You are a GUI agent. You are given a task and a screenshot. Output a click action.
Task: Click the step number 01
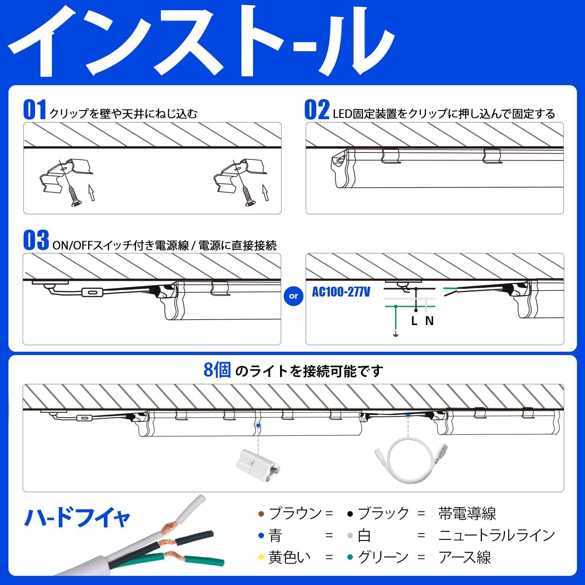(x=35, y=110)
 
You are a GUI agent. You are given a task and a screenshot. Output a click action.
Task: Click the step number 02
(x=317, y=110)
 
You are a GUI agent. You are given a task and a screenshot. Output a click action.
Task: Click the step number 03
(x=36, y=241)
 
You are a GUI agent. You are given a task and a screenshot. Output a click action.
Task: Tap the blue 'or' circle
(x=293, y=296)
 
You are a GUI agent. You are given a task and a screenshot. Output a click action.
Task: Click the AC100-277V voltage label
(x=341, y=292)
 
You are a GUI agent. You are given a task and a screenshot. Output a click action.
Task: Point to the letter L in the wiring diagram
(x=414, y=321)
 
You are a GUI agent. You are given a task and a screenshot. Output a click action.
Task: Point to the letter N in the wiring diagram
(x=430, y=321)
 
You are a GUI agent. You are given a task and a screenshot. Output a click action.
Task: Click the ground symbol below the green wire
(x=395, y=334)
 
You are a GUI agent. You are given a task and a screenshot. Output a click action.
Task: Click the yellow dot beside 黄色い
(x=261, y=558)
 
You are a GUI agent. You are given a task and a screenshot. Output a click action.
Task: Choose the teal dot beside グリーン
(x=350, y=558)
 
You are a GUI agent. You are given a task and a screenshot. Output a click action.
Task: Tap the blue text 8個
(x=217, y=371)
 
